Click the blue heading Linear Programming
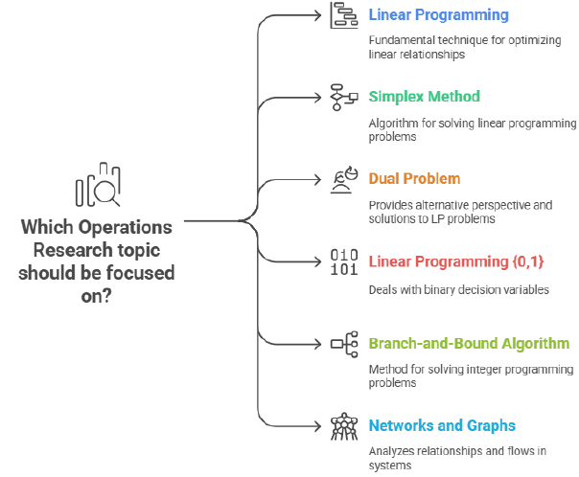point(439,15)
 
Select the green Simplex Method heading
point(424,97)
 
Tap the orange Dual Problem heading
point(414,178)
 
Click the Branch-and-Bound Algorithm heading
point(469,343)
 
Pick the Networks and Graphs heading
point(442,425)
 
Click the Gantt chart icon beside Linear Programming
point(344,16)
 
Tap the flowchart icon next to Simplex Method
point(344,98)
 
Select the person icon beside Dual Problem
point(344,179)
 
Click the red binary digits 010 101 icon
point(343,261)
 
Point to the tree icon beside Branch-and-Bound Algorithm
point(344,344)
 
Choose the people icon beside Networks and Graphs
point(344,426)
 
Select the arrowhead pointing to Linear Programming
point(320,15)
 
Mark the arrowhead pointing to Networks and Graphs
point(320,426)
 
